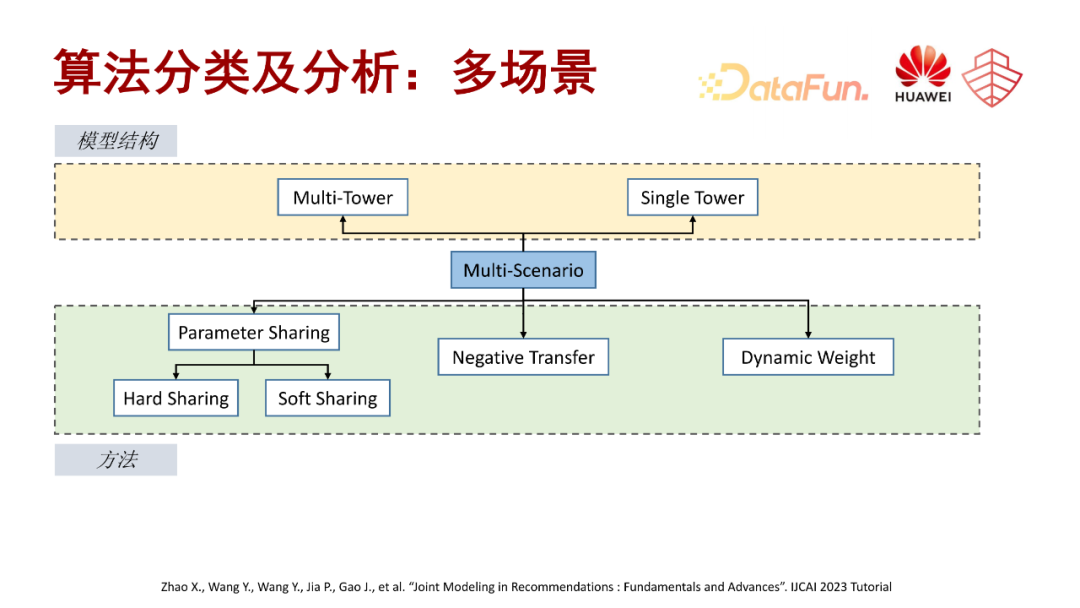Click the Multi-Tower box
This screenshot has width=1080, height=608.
[342, 198]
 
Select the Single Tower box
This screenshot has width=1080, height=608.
[692, 198]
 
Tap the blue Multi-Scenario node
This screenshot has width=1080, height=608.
[523, 271]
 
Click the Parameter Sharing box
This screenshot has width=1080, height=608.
[254, 333]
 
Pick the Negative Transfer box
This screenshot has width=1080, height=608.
[523, 357]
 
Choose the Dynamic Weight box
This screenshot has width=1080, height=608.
[808, 357]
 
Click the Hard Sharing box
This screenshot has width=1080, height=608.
[176, 398]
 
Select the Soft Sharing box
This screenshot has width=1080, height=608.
[327, 398]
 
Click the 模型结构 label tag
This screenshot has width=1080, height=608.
[116, 141]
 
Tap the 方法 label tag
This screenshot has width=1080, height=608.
[116, 460]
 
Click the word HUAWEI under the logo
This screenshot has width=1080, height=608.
[922, 98]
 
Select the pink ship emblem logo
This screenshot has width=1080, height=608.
[992, 77]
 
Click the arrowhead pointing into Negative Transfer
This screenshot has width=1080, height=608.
[523, 334]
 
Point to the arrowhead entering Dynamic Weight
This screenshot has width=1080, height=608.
[808, 334]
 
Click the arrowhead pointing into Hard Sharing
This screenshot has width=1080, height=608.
[177, 375]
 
